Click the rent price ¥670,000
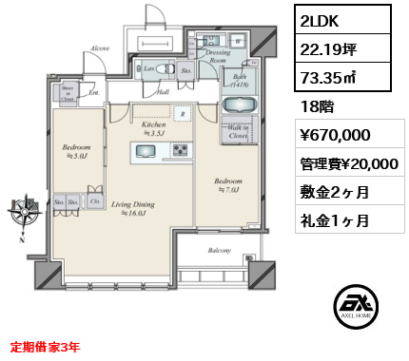pos(329,136)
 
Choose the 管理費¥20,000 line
pos(347,163)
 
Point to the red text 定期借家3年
pos(45,348)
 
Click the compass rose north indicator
pos(21,211)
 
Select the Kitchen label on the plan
pos(154,125)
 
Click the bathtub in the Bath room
pos(237,101)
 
